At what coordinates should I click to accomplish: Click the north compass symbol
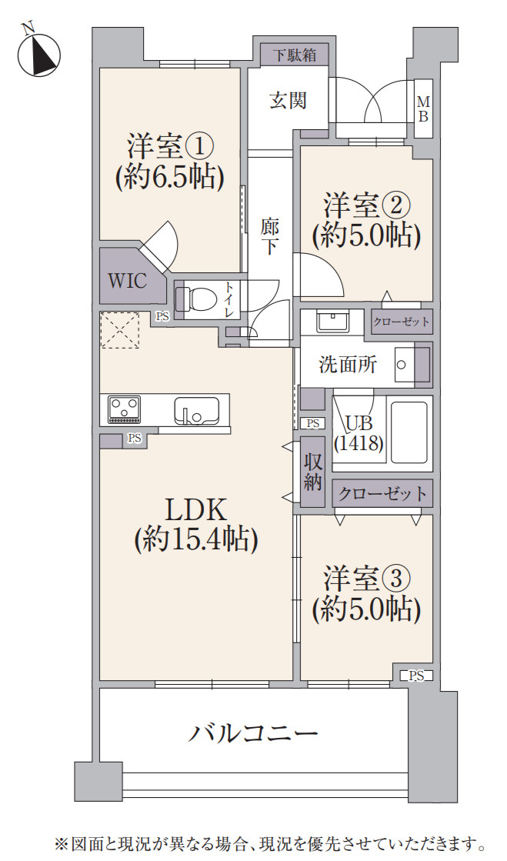pos(38,54)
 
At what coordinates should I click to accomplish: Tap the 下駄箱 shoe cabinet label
pos(292,55)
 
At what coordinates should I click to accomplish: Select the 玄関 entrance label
pos(289,100)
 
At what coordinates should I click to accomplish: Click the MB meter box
pos(423,108)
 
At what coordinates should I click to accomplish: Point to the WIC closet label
pos(126,280)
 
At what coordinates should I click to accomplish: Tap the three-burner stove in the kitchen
pos(123,409)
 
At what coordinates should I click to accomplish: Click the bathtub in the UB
pos(409,432)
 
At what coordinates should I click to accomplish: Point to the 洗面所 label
pos(348,364)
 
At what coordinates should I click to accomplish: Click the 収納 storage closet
pos(312,472)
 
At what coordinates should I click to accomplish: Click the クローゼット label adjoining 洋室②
pos(402,322)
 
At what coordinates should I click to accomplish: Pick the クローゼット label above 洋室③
pos(382,493)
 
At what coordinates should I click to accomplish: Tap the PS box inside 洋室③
pos(416,676)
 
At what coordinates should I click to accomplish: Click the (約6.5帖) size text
pos(170,178)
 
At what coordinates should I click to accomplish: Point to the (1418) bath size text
pos(359,444)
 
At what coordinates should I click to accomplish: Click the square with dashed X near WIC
pos(119,330)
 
